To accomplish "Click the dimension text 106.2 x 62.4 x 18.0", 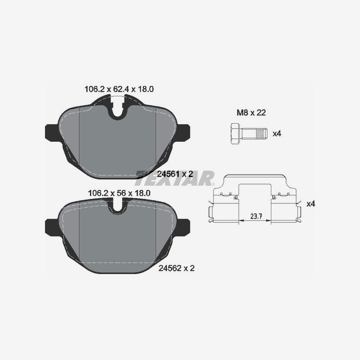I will tap(119, 90).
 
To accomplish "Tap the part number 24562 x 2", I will tap(176, 268).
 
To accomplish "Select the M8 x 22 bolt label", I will tap(251, 113).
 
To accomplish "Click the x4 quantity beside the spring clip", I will tap(310, 204).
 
